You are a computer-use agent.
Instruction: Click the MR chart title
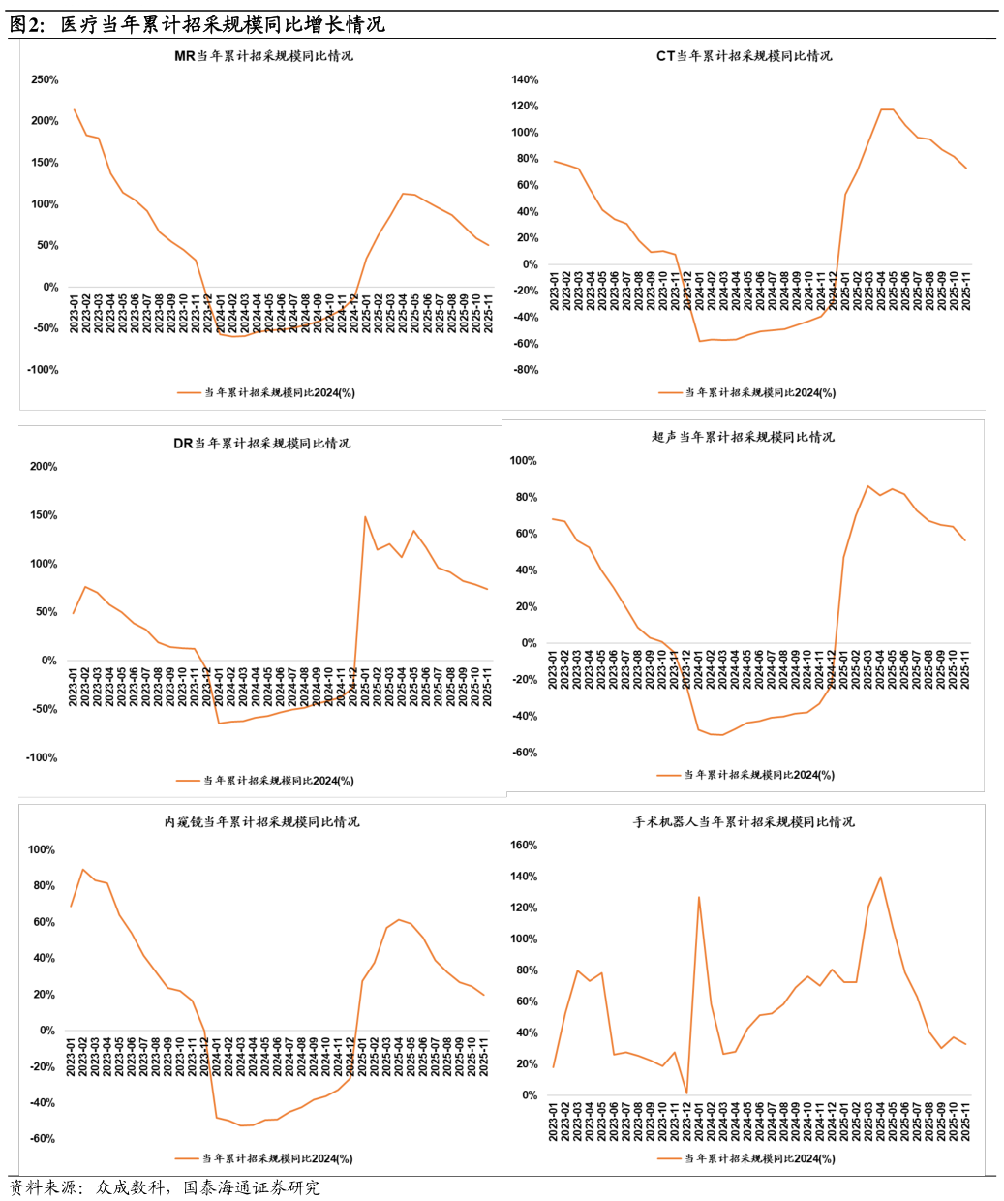tap(263, 56)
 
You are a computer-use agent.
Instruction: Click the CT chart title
tap(745, 56)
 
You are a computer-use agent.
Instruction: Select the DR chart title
tap(261, 443)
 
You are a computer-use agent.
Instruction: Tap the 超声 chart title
tap(743, 437)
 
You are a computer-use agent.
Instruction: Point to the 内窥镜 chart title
tap(261, 822)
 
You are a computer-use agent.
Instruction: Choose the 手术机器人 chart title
tap(744, 822)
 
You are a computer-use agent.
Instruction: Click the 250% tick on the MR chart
tap(45, 79)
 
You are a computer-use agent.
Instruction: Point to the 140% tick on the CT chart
tap(525, 79)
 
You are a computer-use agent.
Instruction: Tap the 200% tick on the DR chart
tap(44, 467)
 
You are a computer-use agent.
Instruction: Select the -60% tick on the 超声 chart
tap(525, 753)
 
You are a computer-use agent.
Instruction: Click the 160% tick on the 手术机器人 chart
tap(524, 845)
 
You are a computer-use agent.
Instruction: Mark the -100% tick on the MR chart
tap(43, 370)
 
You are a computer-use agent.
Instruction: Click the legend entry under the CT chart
tap(747, 393)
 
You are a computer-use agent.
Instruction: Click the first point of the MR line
tap(75, 109)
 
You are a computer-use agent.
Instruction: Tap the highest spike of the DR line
tap(365, 516)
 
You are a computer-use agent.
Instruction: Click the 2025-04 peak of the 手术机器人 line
tap(880, 877)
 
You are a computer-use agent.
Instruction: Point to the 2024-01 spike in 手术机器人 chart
tap(699, 897)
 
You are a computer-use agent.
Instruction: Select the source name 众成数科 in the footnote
tap(130, 1187)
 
